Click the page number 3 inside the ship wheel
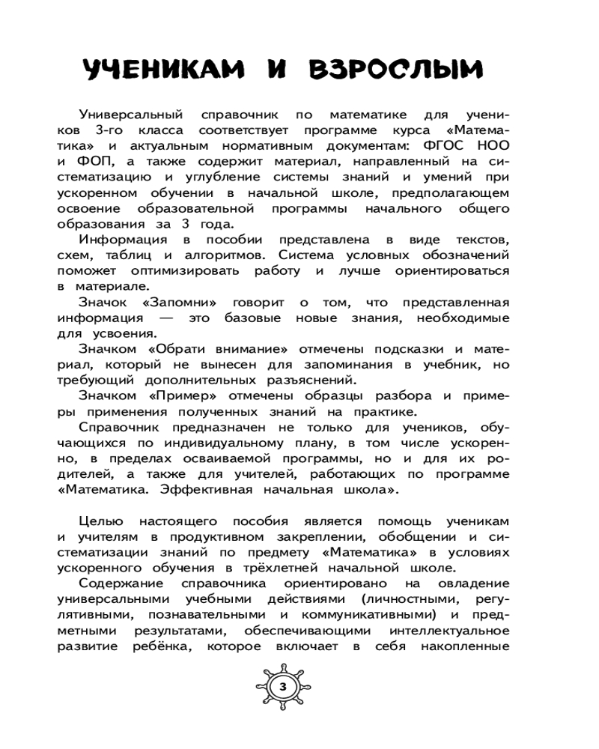pos(282,687)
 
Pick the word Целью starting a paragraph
pos(100,521)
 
